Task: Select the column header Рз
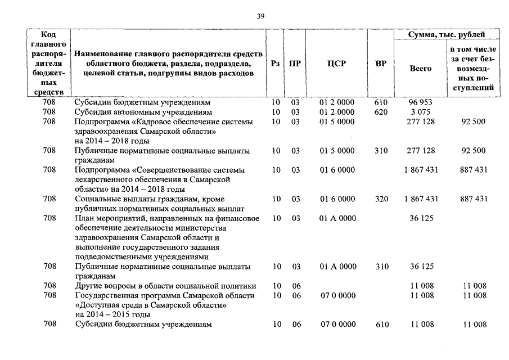tap(275, 64)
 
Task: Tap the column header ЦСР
tap(336, 64)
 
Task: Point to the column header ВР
tap(381, 64)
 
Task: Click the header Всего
tap(421, 68)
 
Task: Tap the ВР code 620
tap(381, 112)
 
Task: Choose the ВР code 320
tap(381, 199)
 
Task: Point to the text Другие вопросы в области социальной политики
tap(165, 286)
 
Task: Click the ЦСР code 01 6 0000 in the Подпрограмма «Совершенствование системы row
tap(337, 169)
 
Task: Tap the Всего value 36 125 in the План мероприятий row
tap(421, 218)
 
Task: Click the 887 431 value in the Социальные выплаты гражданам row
tap(473, 199)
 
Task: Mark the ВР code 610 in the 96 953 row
tap(381, 103)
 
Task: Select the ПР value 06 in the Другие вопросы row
tap(295, 286)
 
